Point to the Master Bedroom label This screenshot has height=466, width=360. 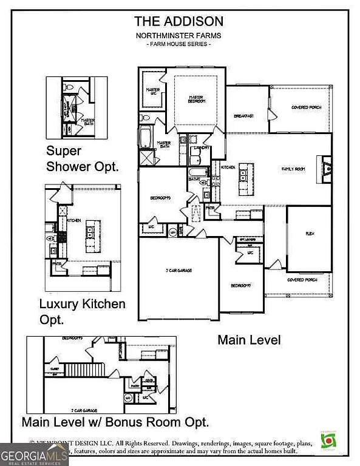click(x=195, y=99)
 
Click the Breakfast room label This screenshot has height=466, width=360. click(x=243, y=115)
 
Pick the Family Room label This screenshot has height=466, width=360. click(x=293, y=168)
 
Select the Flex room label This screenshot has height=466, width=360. click(x=308, y=233)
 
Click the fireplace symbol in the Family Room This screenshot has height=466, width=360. click(x=326, y=168)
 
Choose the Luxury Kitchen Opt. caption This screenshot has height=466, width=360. click(x=82, y=310)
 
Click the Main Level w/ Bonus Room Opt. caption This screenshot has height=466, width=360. click(x=115, y=421)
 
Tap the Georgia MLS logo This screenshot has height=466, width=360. click(x=34, y=454)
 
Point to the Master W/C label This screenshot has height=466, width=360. click(x=152, y=92)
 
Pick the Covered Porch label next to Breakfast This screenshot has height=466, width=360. click(x=306, y=107)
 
